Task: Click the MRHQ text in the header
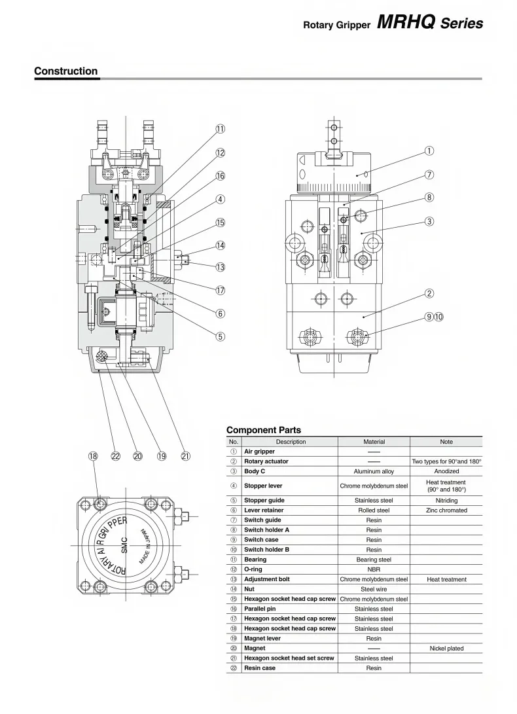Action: tap(406, 23)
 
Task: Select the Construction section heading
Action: tap(65, 71)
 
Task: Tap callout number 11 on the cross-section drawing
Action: tap(221, 129)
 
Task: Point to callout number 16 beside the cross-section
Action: tap(221, 175)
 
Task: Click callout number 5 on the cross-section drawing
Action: tap(221, 336)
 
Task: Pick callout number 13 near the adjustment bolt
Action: tap(221, 267)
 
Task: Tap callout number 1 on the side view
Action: tap(429, 151)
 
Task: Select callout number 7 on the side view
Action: tap(429, 175)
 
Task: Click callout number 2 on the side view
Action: tap(429, 293)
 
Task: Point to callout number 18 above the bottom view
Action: tap(93, 456)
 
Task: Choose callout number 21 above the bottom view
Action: tap(186, 456)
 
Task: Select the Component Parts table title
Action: tap(264, 430)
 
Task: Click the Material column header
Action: tap(374, 442)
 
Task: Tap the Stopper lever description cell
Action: tap(263, 486)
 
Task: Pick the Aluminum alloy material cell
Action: tap(374, 471)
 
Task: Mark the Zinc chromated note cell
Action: tap(446, 510)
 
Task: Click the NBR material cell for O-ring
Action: tap(374, 569)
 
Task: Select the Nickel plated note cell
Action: tap(446, 649)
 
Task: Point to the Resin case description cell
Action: tap(260, 668)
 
